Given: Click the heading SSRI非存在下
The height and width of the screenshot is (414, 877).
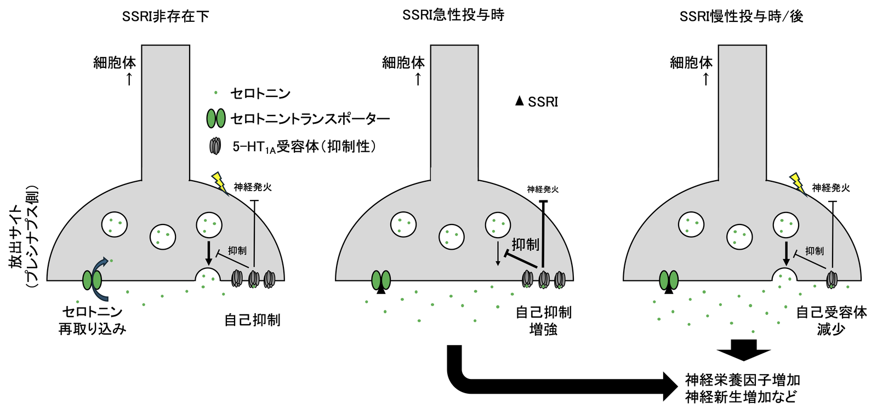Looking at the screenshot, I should tap(166, 16).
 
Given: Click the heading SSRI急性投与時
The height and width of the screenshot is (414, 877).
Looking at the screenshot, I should tap(453, 15).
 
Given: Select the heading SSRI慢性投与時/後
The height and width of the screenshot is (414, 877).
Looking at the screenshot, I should tap(741, 16).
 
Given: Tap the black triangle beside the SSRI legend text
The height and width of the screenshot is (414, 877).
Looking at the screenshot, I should tap(520, 101).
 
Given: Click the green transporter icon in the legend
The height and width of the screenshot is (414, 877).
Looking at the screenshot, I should tap(215, 118).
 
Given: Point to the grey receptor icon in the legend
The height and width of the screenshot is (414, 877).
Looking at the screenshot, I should tap(216, 146).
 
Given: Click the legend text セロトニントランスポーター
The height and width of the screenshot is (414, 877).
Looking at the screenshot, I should tap(310, 118).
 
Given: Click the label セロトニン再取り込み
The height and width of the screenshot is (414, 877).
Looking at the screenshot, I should tap(92, 320).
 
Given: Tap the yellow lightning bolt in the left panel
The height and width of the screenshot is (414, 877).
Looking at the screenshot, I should tap(219, 182).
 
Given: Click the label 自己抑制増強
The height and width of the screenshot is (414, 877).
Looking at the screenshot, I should tap(543, 320).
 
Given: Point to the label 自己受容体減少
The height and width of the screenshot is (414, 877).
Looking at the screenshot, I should tap(831, 320).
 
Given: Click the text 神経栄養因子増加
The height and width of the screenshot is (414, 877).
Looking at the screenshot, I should tap(743, 380).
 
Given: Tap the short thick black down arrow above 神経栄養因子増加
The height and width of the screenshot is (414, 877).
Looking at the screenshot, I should tap(744, 349).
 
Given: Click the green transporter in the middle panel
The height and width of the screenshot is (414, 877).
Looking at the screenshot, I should tap(381, 280).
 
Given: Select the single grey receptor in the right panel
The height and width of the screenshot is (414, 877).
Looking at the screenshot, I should tap(832, 279).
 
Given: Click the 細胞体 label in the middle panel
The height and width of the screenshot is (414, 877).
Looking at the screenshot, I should tap(403, 63).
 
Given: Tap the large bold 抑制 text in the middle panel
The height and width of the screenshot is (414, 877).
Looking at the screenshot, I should tap(525, 244).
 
